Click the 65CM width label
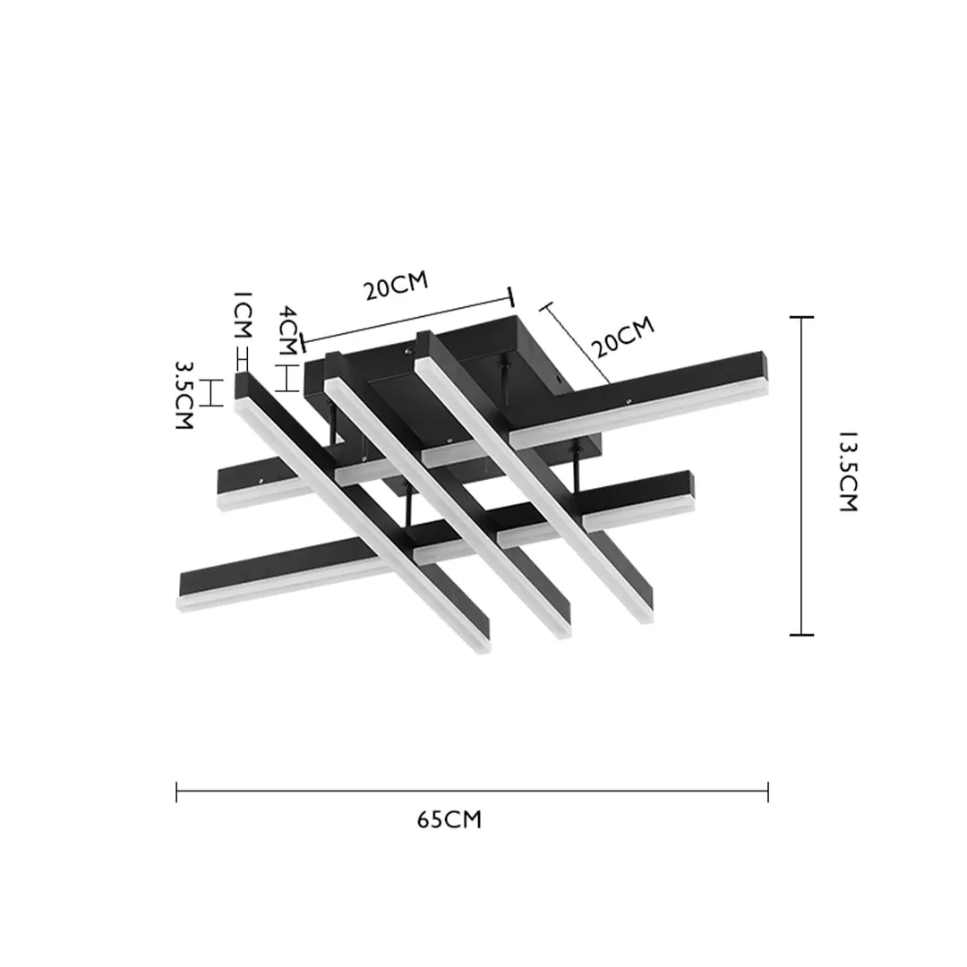click(x=449, y=819)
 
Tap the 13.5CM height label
click(x=848, y=472)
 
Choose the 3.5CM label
click(x=185, y=396)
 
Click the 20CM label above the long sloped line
click(x=396, y=286)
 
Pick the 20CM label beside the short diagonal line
click(x=623, y=337)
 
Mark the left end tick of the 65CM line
click(x=177, y=792)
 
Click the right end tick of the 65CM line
click(x=768, y=792)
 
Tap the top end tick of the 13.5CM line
click(x=801, y=317)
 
